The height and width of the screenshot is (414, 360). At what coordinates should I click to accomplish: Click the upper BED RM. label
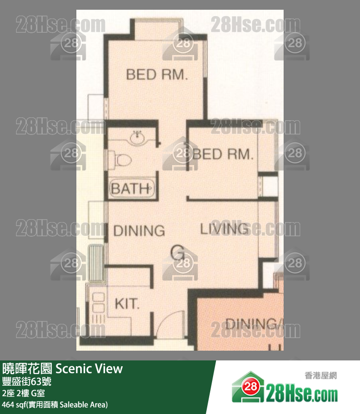tap(157, 75)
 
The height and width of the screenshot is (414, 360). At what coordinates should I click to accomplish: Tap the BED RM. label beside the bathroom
tap(223, 155)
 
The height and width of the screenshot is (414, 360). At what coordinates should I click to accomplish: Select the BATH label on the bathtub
tap(130, 188)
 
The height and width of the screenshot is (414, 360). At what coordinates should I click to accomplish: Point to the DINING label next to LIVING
tap(139, 230)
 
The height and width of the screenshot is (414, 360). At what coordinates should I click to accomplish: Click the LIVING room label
tap(224, 228)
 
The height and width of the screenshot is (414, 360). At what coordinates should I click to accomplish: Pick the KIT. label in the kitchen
tap(127, 304)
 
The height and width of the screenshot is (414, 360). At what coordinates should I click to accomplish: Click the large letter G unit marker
tap(178, 252)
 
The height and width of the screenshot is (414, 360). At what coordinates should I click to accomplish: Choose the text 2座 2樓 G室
tap(23, 393)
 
